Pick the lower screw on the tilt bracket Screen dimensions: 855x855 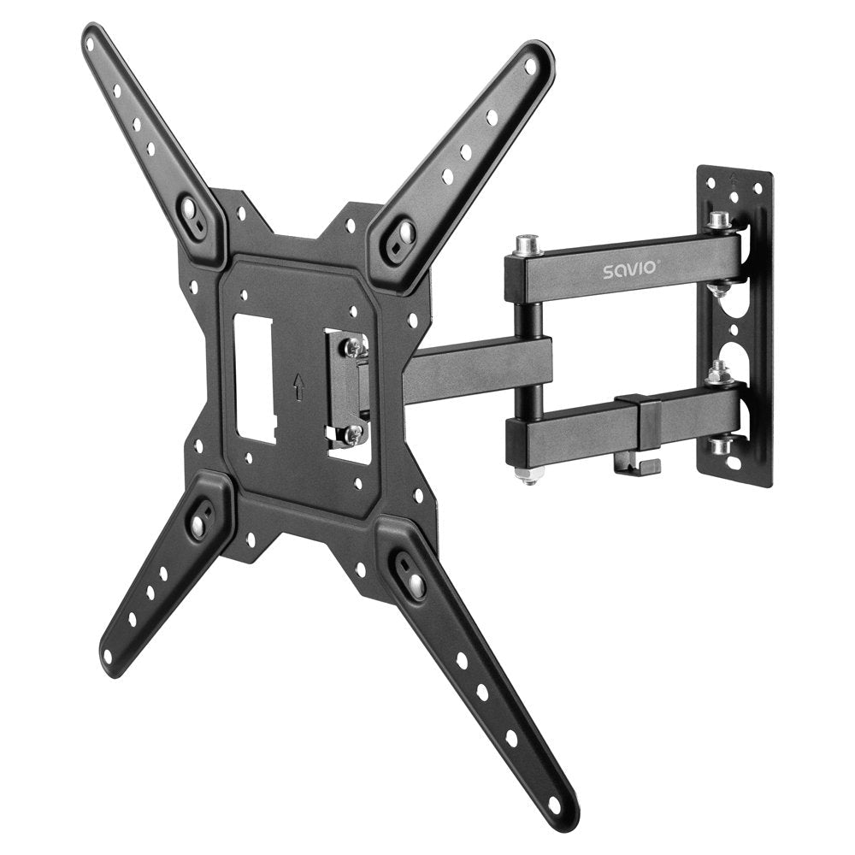(352, 434)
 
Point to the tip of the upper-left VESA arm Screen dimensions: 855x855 (92, 36)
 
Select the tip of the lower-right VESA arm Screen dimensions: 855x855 (560, 810)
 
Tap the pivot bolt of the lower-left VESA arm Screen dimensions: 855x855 (198, 523)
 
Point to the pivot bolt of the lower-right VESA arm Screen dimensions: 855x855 (414, 583)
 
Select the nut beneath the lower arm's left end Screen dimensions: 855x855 (528, 473)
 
